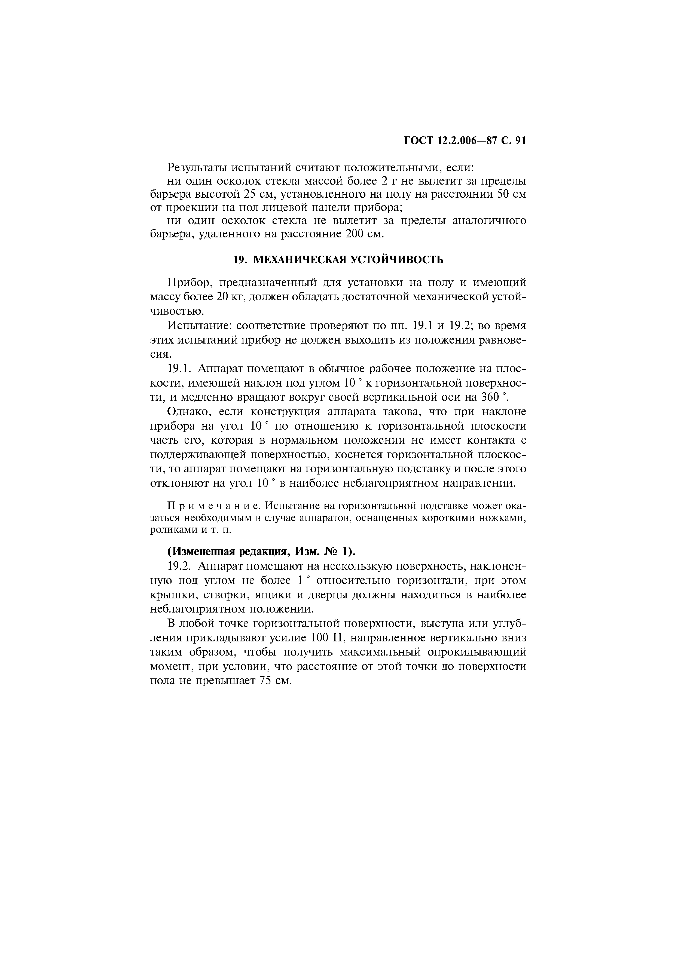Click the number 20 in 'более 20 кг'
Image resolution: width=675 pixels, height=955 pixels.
[x=223, y=296]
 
